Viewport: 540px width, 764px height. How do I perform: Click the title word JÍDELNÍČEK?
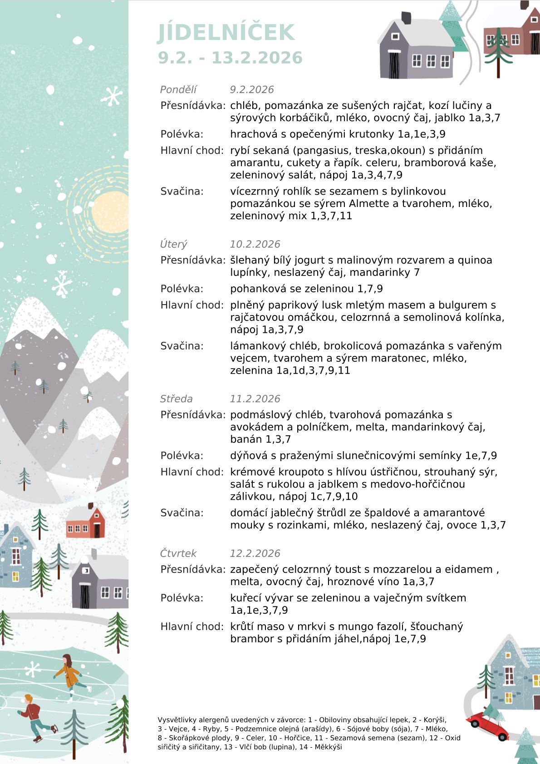point(226,33)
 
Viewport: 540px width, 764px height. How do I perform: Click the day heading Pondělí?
point(178,89)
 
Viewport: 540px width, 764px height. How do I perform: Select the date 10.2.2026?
point(255,244)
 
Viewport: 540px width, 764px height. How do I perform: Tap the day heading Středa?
point(176,399)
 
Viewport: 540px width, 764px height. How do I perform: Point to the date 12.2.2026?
point(255,553)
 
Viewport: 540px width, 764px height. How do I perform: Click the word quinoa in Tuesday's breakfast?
point(475,260)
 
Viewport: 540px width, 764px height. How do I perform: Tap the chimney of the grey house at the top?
point(406,18)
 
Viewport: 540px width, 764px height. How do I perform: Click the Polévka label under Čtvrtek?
point(182,598)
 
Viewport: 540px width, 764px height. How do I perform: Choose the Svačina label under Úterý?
point(182,346)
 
